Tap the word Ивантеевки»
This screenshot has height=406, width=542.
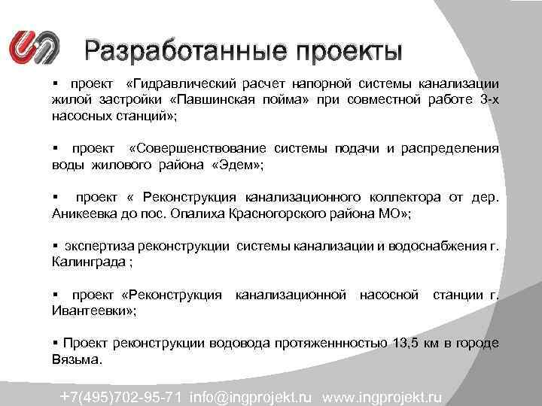tap(87, 311)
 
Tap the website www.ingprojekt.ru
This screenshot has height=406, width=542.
tap(384, 395)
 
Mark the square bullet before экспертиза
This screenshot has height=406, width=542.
tap(55, 247)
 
